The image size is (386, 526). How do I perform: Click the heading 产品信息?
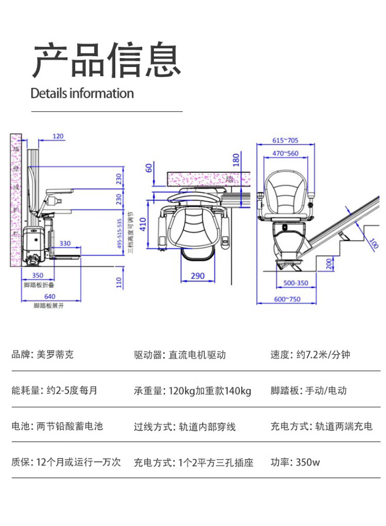click(x=107, y=60)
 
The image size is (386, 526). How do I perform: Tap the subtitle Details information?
click(x=82, y=94)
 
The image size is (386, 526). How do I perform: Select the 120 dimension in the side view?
click(x=58, y=136)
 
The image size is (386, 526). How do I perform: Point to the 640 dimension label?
click(x=49, y=296)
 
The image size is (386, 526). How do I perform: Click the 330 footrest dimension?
click(x=65, y=243)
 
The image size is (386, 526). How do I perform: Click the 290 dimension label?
click(x=198, y=276)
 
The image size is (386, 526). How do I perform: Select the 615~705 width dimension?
click(x=285, y=141)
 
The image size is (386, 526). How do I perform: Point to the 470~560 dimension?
click(x=285, y=153)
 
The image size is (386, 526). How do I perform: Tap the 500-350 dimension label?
click(x=295, y=283)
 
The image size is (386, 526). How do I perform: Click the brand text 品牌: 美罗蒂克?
click(x=43, y=355)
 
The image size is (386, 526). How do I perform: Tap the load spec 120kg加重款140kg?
click(x=210, y=391)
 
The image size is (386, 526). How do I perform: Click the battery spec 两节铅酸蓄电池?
click(x=70, y=426)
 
